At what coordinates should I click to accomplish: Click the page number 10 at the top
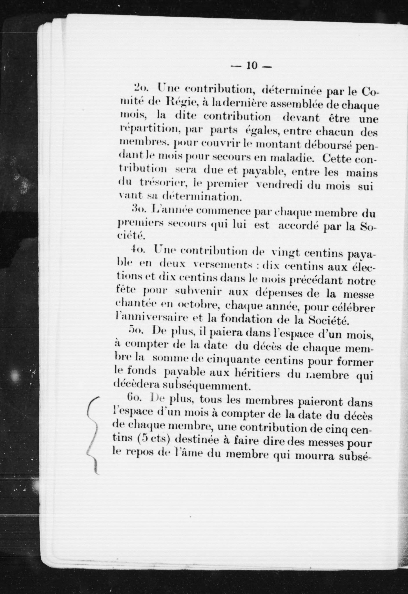click(251, 66)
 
